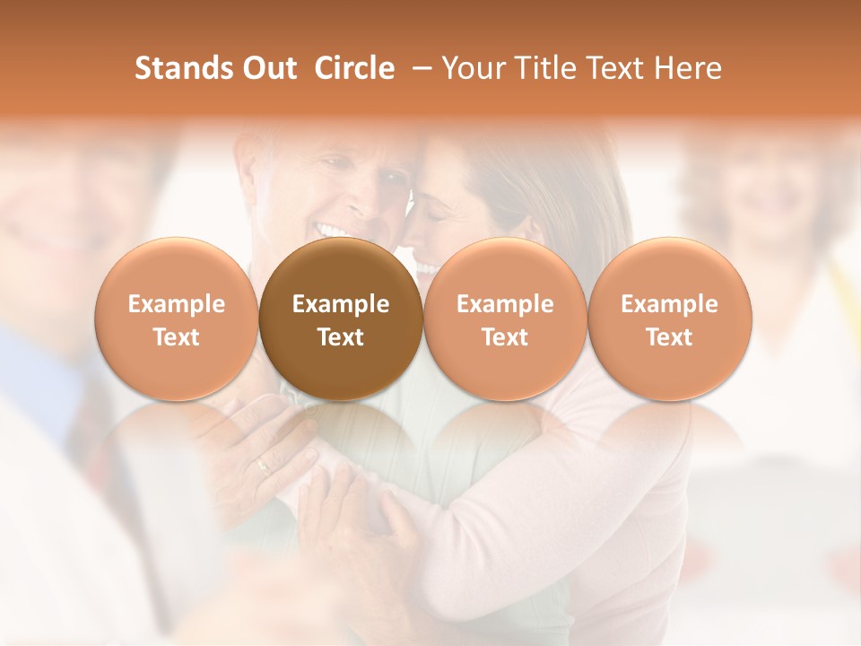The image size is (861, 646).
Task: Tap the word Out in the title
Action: pyautogui.click(x=267, y=68)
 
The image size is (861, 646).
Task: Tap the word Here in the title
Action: pyautogui.click(x=688, y=68)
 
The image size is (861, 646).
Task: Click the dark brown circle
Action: pyautogui.click(x=340, y=319)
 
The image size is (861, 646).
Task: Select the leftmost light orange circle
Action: pyautogui.click(x=176, y=319)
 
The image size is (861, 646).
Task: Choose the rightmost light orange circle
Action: pyautogui.click(x=669, y=319)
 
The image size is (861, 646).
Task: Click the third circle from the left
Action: pyautogui.click(x=505, y=319)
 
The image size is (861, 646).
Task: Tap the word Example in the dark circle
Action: pyautogui.click(x=340, y=304)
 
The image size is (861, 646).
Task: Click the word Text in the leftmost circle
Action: pyautogui.click(x=176, y=337)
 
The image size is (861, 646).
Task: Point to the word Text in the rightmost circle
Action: pyautogui.click(x=669, y=337)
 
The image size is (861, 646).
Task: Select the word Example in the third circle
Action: pyautogui.click(x=505, y=304)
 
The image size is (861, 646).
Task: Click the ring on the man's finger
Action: pyautogui.click(x=261, y=465)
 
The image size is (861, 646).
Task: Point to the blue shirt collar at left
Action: pyautogui.click(x=36, y=377)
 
